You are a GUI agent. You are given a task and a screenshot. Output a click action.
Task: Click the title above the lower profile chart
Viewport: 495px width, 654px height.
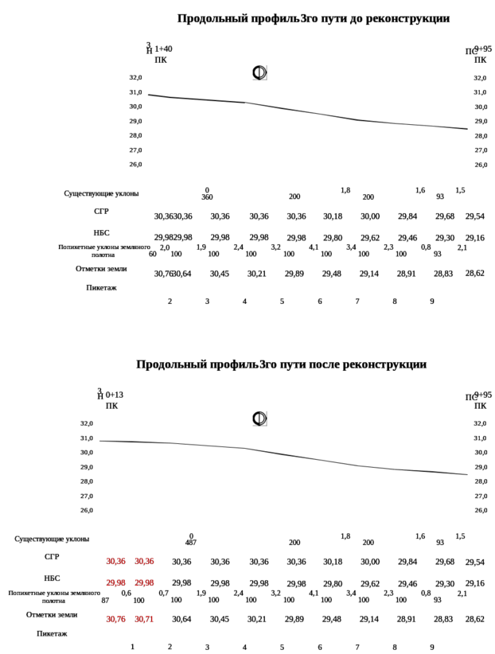tap(283, 364)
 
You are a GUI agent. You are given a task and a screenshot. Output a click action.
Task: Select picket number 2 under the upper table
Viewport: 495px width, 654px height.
tap(169, 302)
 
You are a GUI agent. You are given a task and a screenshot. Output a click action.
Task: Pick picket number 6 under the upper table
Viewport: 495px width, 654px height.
tap(319, 302)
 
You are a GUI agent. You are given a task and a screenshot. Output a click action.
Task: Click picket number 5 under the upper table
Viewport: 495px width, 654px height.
tap(282, 302)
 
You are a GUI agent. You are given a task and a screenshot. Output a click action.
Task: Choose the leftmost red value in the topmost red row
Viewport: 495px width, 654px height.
tap(116, 561)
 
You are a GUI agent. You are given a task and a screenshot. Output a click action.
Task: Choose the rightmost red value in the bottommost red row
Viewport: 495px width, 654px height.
tap(145, 618)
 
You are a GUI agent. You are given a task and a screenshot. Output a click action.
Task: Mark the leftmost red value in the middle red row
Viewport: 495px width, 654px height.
tap(116, 583)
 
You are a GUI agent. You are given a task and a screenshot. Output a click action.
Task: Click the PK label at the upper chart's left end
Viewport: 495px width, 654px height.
tap(160, 60)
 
